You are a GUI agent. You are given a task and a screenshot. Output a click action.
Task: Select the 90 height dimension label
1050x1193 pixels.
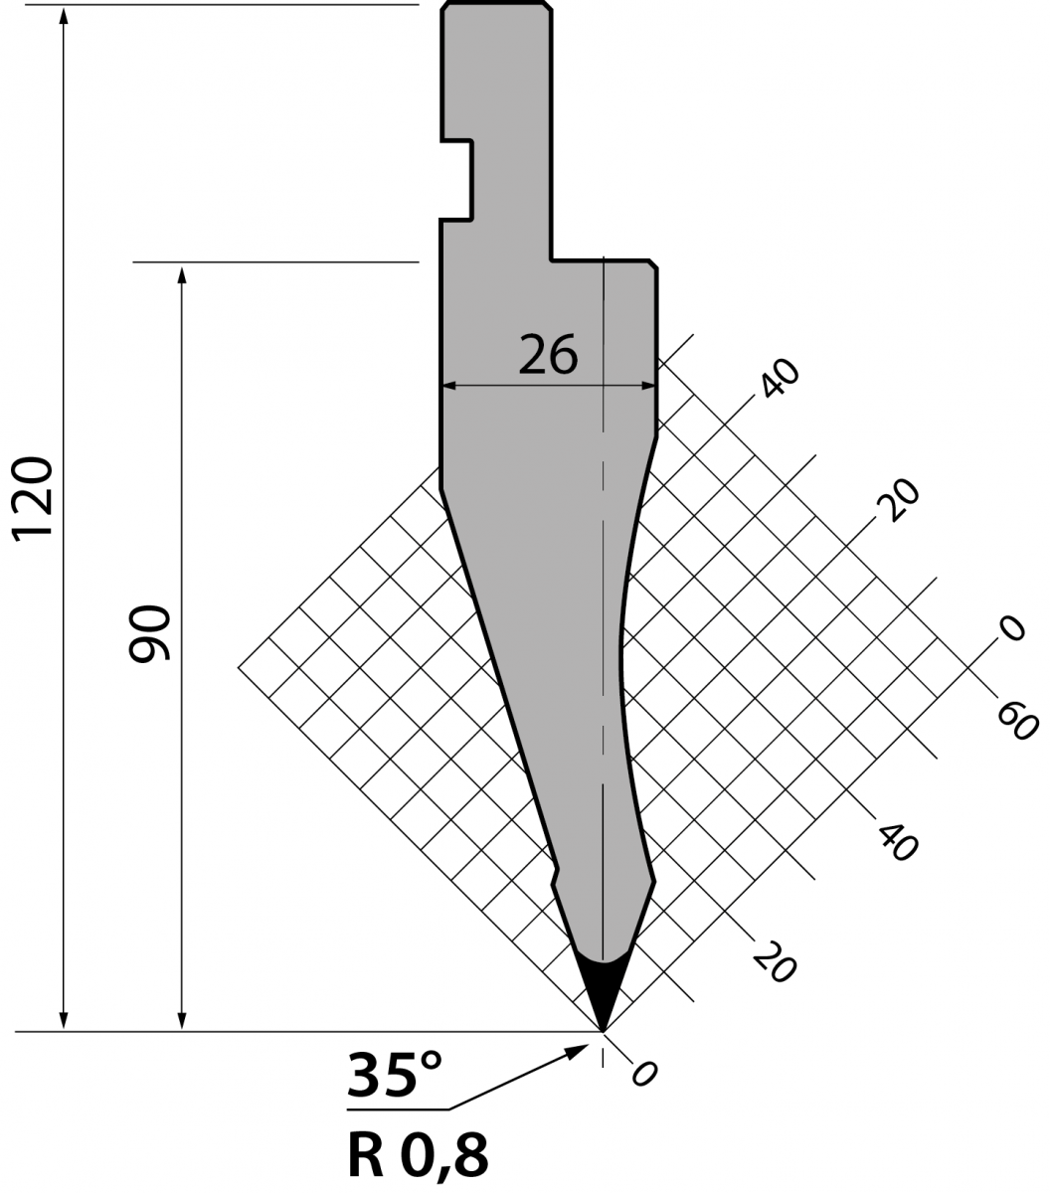pyautogui.click(x=150, y=633)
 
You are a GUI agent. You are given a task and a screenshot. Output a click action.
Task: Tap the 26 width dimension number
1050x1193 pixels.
pyautogui.click(x=548, y=355)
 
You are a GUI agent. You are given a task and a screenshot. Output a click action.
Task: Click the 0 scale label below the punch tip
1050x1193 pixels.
pyautogui.click(x=643, y=1074)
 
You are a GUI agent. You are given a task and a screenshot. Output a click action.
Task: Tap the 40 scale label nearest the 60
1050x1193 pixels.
pyautogui.click(x=898, y=843)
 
